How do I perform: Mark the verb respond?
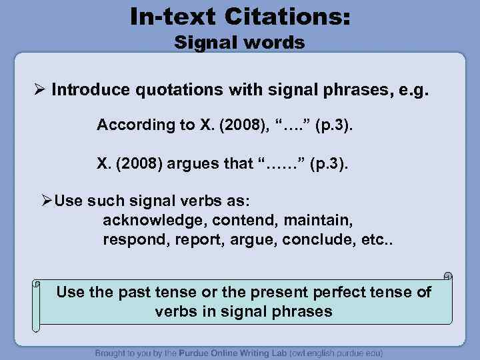(131, 239)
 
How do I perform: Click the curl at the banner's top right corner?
(448, 275)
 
